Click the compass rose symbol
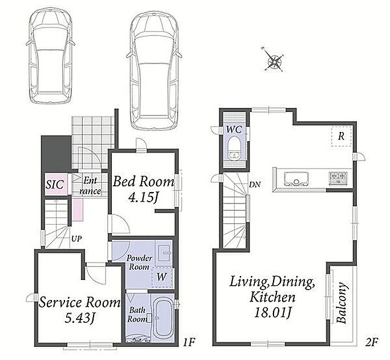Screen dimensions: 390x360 274,60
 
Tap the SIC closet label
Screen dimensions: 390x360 55,185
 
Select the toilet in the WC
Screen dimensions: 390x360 234,147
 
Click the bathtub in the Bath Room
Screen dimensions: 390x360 162,318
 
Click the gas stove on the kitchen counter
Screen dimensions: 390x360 338,178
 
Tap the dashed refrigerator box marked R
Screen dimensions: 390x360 341,136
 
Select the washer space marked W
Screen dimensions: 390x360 162,278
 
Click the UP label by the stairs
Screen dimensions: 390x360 77,239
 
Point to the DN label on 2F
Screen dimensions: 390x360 255,185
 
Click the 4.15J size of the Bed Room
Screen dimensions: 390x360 143,197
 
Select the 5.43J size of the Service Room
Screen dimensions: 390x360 81,318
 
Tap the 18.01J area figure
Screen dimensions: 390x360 272,312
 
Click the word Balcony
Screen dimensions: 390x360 341,302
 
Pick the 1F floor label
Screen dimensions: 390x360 188,343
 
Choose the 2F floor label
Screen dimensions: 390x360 372,343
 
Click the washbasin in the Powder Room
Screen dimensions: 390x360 164,253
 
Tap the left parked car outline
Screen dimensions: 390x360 50,55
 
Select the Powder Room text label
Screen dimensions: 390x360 139,262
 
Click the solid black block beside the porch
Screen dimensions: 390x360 56,153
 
